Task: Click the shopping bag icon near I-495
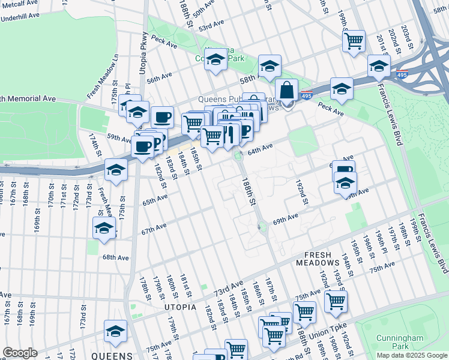[288, 91]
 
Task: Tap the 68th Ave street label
[115, 257]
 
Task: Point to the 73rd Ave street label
[228, 287]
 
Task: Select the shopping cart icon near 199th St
[354, 41]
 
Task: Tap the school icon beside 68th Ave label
[104, 229]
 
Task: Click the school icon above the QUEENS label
[115, 331]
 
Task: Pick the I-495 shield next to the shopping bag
[306, 95]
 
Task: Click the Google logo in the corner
[20, 353]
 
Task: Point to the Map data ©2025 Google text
[412, 355]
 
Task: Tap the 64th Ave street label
[261, 148]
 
